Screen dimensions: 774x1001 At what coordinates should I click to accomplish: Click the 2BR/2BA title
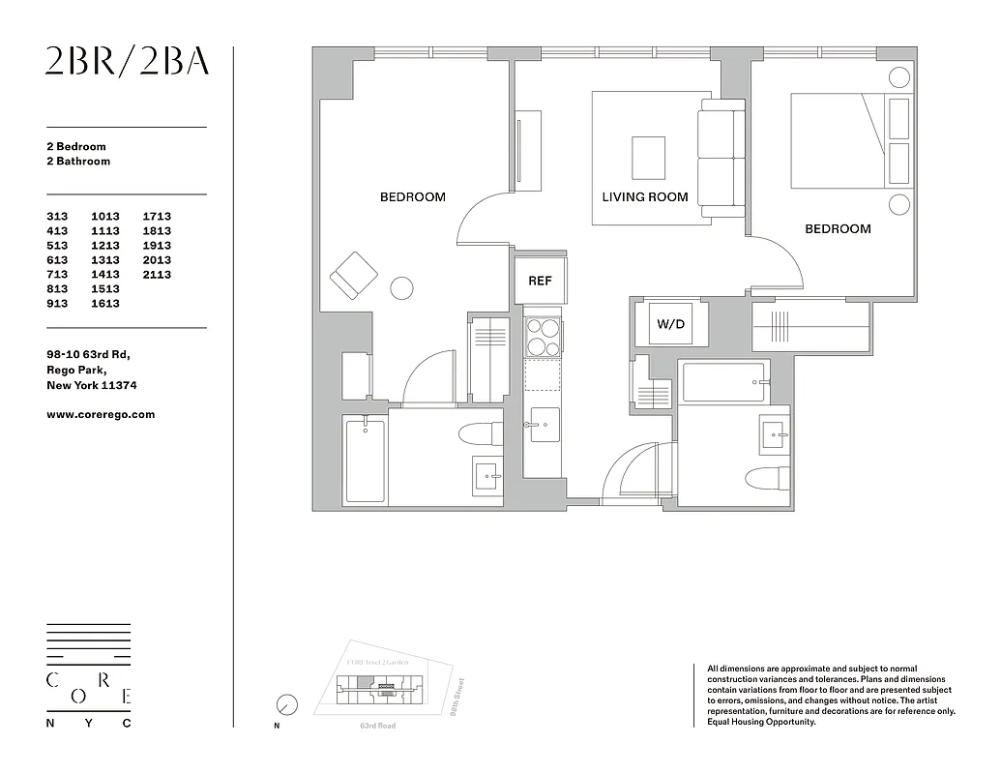pos(127,61)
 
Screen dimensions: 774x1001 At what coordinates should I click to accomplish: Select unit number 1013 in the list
pos(105,217)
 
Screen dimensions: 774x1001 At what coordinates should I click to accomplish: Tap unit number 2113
pos(157,275)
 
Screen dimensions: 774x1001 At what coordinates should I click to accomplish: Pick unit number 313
pos(57,217)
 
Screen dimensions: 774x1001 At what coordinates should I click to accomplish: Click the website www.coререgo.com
pos(101,414)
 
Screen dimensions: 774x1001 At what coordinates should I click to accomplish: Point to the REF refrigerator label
pos(540,282)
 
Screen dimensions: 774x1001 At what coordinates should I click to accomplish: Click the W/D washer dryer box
pos(671,324)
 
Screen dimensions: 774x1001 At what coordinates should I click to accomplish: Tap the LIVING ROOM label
pos(645,197)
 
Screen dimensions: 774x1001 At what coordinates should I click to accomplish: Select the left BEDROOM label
pos(412,197)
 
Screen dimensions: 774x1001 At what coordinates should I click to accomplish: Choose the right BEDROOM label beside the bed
pos(838,229)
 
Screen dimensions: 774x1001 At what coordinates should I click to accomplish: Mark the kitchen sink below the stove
pos(543,424)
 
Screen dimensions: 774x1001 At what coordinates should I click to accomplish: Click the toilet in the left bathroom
pos(477,432)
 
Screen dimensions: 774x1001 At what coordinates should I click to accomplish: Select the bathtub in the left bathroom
pos(366,460)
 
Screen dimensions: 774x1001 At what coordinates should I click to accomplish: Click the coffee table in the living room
pos(648,157)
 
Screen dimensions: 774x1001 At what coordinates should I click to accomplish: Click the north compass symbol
pos(286,705)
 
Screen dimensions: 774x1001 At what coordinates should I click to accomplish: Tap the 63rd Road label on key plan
pos(377,726)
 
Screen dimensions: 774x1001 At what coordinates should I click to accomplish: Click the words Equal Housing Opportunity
pos(762,722)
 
